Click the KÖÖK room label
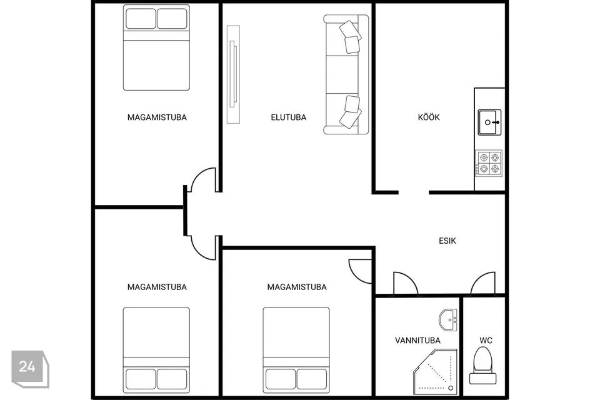click(429, 117)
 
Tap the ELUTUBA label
click(289, 117)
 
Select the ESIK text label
click(447, 241)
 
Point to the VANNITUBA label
click(417, 340)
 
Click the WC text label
click(486, 340)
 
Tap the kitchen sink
click(489, 122)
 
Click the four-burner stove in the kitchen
click(489, 163)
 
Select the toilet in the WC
click(483, 366)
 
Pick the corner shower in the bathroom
click(436, 372)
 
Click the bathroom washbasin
click(448, 319)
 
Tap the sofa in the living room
click(346, 74)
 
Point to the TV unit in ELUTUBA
click(233, 74)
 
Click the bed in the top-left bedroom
click(156, 47)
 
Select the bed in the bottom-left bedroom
click(156, 350)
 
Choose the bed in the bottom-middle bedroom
click(296, 350)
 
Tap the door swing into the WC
click(483, 283)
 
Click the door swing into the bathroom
click(406, 283)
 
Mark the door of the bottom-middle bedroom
click(360, 271)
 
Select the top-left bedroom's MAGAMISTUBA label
click(157, 117)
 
